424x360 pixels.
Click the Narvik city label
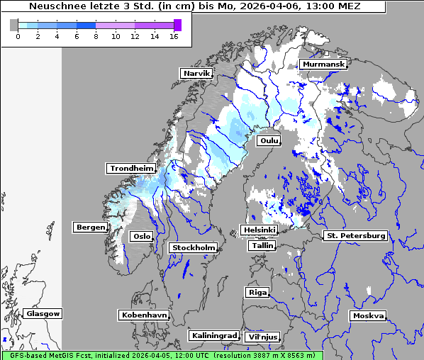pyautogui.click(x=196, y=73)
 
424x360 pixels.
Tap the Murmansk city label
pyautogui.click(x=323, y=64)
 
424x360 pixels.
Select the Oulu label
pyautogui.click(x=269, y=140)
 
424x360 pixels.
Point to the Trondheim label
pyautogui.click(x=131, y=168)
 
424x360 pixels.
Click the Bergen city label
pyautogui.click(x=89, y=227)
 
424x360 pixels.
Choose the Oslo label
pyautogui.click(x=141, y=236)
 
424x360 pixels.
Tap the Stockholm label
pyautogui.click(x=193, y=247)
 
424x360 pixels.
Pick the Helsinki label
pyautogui.click(x=259, y=230)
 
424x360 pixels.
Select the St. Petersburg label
pyautogui.click(x=355, y=235)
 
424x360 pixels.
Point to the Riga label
pyautogui.click(x=257, y=292)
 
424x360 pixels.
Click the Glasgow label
pyautogui.click(x=43, y=313)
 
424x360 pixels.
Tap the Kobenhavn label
pyautogui.click(x=145, y=314)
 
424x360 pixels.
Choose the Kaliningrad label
pyautogui.click(x=213, y=335)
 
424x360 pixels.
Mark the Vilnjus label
pyautogui.click(x=262, y=337)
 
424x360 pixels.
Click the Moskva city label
pyautogui.click(x=368, y=315)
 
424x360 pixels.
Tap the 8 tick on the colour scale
pyautogui.click(x=96, y=36)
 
